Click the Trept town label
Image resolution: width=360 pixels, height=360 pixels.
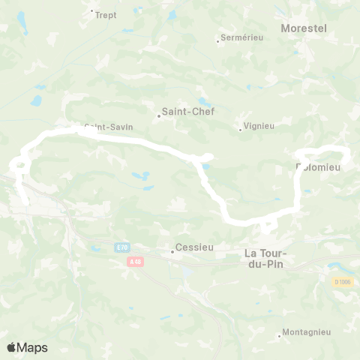(x=106, y=14)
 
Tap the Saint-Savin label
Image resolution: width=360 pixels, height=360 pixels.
(x=109, y=127)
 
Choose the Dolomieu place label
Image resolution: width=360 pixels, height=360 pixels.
(x=319, y=167)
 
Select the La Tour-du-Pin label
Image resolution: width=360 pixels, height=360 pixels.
(x=272, y=259)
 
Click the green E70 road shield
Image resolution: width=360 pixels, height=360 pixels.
(x=121, y=246)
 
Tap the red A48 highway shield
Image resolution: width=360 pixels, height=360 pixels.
(x=135, y=261)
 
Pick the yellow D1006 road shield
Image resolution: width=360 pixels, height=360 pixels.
(x=342, y=282)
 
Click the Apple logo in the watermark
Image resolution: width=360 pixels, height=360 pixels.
(x=13, y=347)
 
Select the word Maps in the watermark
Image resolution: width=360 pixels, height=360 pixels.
(x=33, y=347)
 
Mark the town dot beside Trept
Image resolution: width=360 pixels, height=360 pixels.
(x=91, y=11)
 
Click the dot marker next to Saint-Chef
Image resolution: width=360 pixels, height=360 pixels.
(x=160, y=115)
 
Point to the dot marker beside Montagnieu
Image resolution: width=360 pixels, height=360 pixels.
(x=280, y=335)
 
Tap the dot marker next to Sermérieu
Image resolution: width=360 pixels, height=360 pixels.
(x=217, y=40)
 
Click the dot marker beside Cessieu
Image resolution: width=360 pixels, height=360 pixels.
(x=172, y=251)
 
